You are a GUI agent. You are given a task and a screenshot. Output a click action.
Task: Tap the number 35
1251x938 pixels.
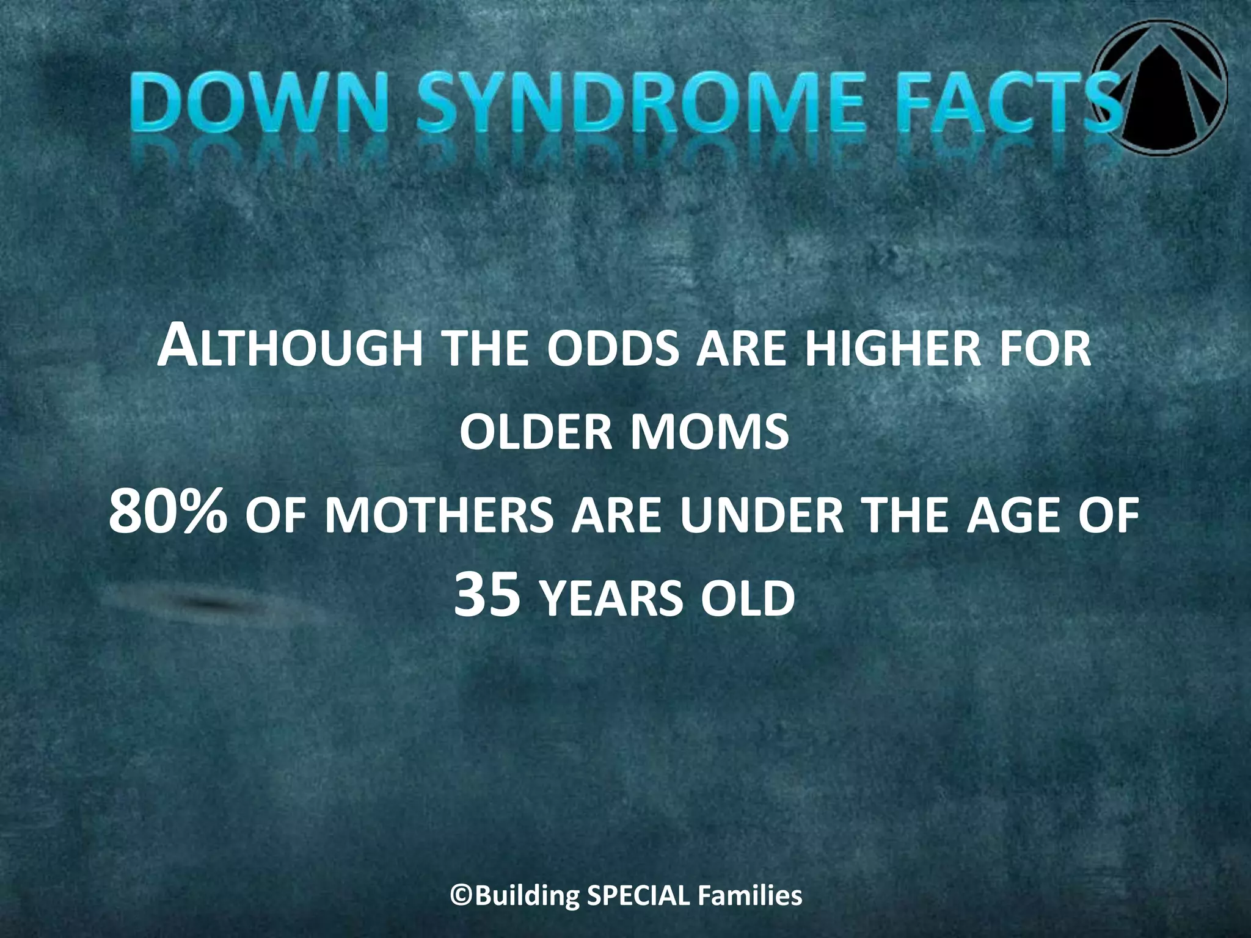pyautogui.click(x=487, y=597)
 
